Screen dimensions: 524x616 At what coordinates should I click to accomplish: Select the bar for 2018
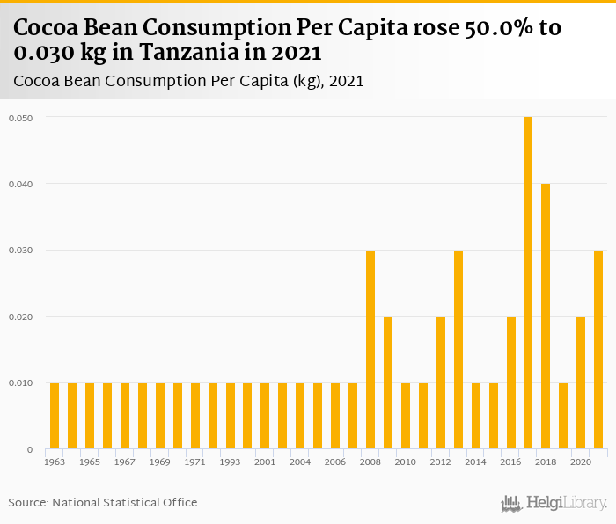[546, 317]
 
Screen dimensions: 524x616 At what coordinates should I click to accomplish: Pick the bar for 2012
[441, 382]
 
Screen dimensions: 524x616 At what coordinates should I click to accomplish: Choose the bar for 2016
[510, 382]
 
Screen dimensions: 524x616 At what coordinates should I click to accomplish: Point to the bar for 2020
[581, 382]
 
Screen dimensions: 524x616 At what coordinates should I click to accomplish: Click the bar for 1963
[55, 416]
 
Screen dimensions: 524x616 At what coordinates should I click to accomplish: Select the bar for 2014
[476, 416]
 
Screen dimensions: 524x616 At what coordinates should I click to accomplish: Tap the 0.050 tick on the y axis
[20, 117]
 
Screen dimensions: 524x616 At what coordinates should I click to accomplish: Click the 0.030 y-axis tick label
[20, 250]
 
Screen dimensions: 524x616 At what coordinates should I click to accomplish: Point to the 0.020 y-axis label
[20, 317]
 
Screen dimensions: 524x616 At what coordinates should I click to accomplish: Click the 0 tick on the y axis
[30, 449]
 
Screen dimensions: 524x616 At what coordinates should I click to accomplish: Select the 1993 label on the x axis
[230, 462]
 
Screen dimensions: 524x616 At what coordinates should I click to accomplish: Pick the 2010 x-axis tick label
[406, 462]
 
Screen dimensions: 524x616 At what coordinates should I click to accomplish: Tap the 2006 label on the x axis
[335, 462]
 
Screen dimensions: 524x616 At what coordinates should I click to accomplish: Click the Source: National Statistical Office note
[103, 502]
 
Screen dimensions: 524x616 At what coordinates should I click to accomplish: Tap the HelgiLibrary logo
[554, 503]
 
